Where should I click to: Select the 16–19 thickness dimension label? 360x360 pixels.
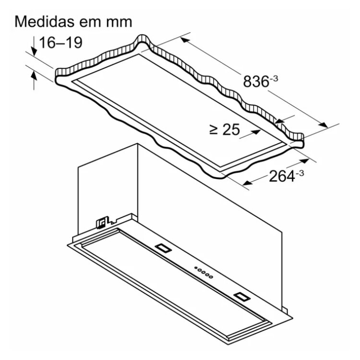pyautogui.click(x=60, y=42)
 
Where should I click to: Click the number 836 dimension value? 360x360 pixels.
pyautogui.click(x=256, y=82)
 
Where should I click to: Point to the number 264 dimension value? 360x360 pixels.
pyautogui.click(x=282, y=176)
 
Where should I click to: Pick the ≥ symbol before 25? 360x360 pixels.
pyautogui.click(x=214, y=130)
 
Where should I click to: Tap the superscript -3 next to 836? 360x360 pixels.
pyautogui.click(x=274, y=78)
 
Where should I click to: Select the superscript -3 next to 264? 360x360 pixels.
pyautogui.click(x=300, y=173)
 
